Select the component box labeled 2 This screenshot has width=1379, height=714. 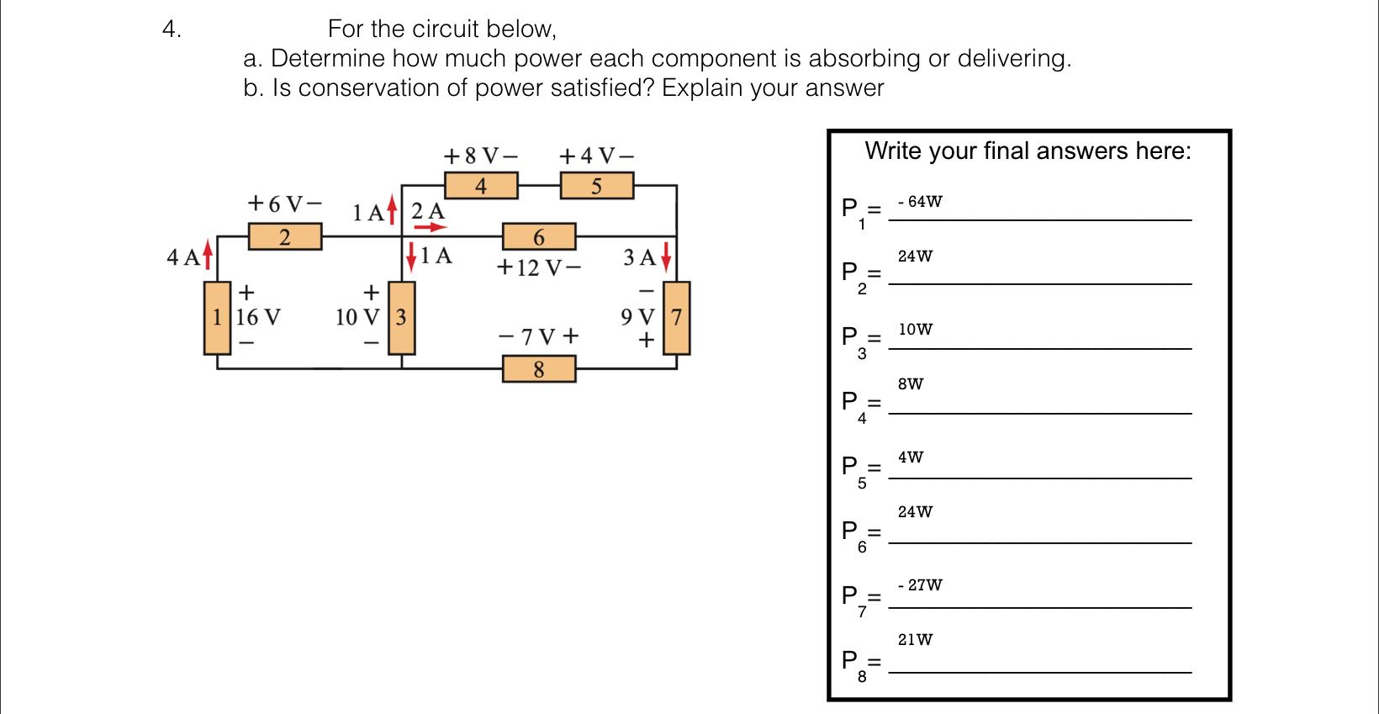[x=285, y=236]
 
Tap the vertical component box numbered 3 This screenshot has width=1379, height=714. [x=401, y=318]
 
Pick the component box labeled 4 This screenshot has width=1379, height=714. [x=481, y=185]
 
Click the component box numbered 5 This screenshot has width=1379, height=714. [x=596, y=185]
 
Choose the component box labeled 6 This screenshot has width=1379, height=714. [x=539, y=237]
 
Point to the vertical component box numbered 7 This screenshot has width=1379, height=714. [x=678, y=318]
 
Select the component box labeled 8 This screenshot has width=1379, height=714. [x=539, y=368]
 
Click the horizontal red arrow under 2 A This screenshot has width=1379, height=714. [x=430, y=226]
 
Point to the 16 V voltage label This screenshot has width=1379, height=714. [x=259, y=318]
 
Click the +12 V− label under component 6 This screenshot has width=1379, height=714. [x=538, y=268]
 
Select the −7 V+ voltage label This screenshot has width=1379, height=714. [x=539, y=338]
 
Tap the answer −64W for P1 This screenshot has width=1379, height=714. [x=920, y=202]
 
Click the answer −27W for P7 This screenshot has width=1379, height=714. [x=920, y=584]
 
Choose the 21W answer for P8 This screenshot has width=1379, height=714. [x=915, y=639]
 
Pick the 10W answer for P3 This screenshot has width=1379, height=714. [x=915, y=330]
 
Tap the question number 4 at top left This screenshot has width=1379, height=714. [x=171, y=29]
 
